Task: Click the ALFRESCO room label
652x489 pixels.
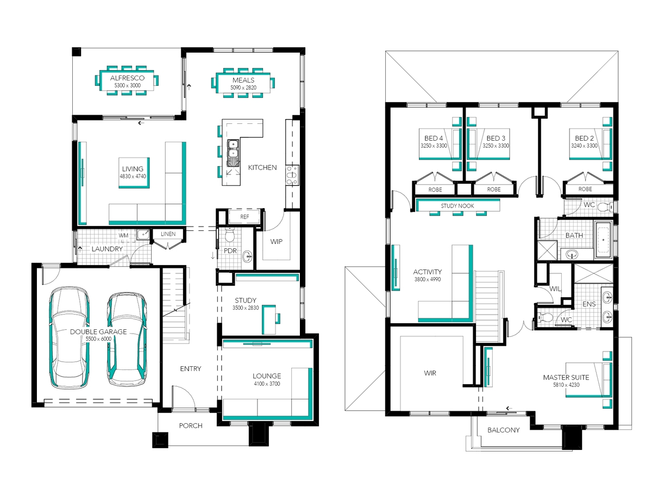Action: (x=127, y=78)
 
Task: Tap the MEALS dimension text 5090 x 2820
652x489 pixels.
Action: (x=243, y=87)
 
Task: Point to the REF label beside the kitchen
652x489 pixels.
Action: (x=244, y=217)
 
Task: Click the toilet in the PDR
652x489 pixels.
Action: (x=230, y=235)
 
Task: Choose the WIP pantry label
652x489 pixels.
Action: (x=276, y=242)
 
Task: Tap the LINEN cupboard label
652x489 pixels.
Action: (x=168, y=234)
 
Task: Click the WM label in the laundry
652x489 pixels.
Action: (x=123, y=235)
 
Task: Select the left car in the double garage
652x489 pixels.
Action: (x=69, y=337)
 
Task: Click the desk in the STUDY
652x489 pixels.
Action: (x=268, y=319)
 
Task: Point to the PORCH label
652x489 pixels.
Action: (x=191, y=426)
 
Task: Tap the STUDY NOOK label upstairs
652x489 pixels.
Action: (x=457, y=206)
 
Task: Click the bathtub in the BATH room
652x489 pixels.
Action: (x=603, y=240)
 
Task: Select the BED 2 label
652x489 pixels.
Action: (x=584, y=139)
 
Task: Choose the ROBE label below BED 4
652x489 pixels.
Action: (x=435, y=190)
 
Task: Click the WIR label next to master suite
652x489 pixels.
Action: (x=430, y=373)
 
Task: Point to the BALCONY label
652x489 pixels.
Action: (x=504, y=430)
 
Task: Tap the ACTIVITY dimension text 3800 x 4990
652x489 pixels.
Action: (x=428, y=279)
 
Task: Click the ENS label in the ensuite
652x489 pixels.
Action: (x=589, y=304)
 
